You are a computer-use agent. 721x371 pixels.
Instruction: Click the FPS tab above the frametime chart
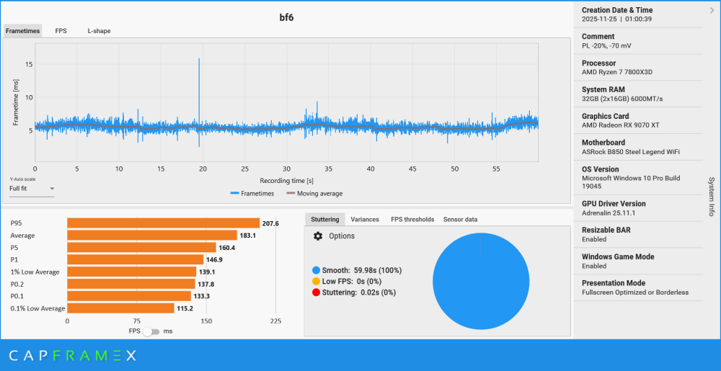[61, 31]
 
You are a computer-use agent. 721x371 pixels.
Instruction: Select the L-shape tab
[99, 31]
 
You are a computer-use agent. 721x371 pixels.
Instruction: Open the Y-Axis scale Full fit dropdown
[32, 189]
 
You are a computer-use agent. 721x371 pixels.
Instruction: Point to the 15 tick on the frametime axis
[28, 64]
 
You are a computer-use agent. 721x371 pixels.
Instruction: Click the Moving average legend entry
[314, 193]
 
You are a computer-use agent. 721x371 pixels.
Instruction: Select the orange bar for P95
[163, 223]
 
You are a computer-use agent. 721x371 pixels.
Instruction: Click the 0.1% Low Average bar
[120, 308]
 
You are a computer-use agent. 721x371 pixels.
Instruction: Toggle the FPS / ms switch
[151, 331]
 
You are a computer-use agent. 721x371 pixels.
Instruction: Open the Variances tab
[365, 219]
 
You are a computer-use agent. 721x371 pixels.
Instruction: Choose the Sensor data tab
[460, 219]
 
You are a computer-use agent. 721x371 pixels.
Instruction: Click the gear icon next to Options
[318, 236]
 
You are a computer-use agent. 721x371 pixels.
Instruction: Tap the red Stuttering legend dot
[316, 292]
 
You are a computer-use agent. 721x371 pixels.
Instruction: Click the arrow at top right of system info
[712, 10]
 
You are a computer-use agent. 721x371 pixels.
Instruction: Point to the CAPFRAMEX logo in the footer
[72, 355]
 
